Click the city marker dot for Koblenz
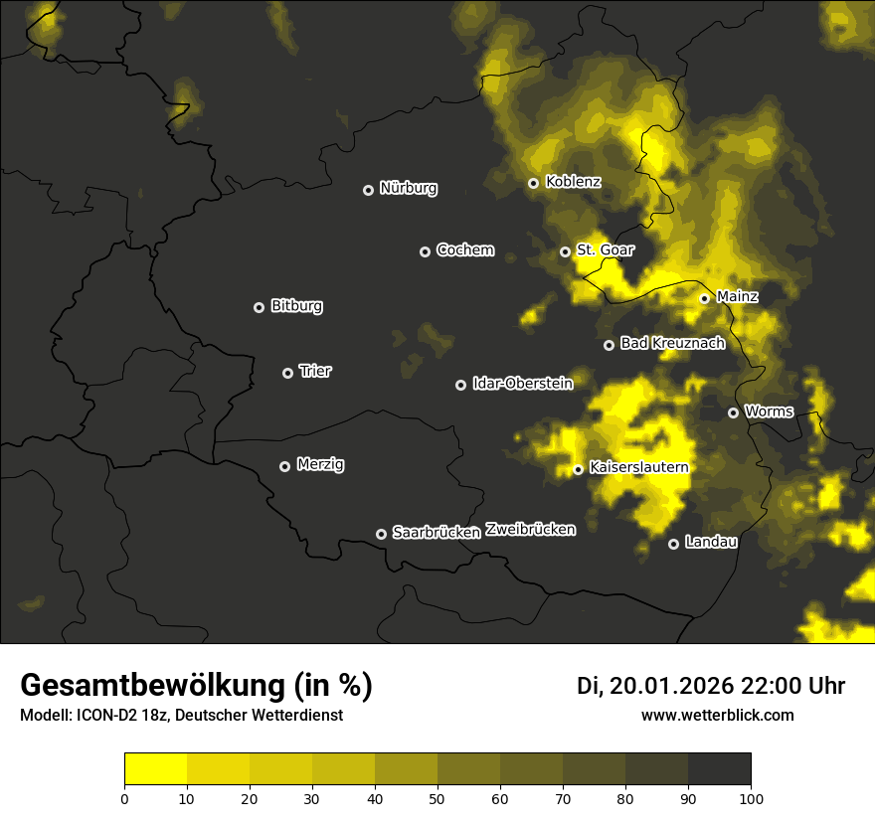coord(533,183)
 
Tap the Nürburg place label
coord(408,188)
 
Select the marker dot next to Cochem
coord(425,251)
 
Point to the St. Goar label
coord(605,249)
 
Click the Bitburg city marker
coord(259,307)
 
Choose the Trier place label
coord(315,371)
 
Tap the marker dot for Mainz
coord(704,298)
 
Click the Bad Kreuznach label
coord(672,343)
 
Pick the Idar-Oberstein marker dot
coord(460,385)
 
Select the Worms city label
coord(769,411)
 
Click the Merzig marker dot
coord(284,466)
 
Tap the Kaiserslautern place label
coord(638,466)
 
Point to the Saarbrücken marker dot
coord(381,534)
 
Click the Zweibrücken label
coord(530,530)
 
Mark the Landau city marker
coord(673,544)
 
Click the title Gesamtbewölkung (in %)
coord(196,686)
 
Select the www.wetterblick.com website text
coord(717,715)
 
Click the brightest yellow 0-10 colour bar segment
coord(156,768)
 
